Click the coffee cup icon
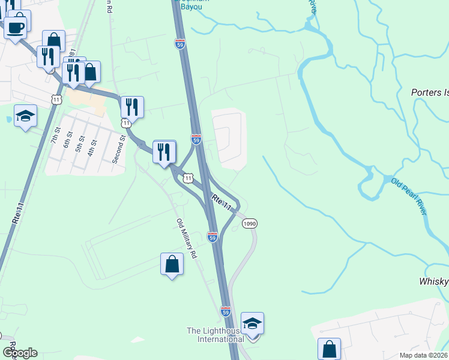[14, 27]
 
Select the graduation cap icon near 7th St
[25, 116]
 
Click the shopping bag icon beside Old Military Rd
[172, 264]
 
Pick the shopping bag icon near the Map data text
[329, 349]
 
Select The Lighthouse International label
[215, 335]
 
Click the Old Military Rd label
[186, 238]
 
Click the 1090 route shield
[250, 223]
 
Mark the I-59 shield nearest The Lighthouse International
[225, 311]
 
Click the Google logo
[20, 353]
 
